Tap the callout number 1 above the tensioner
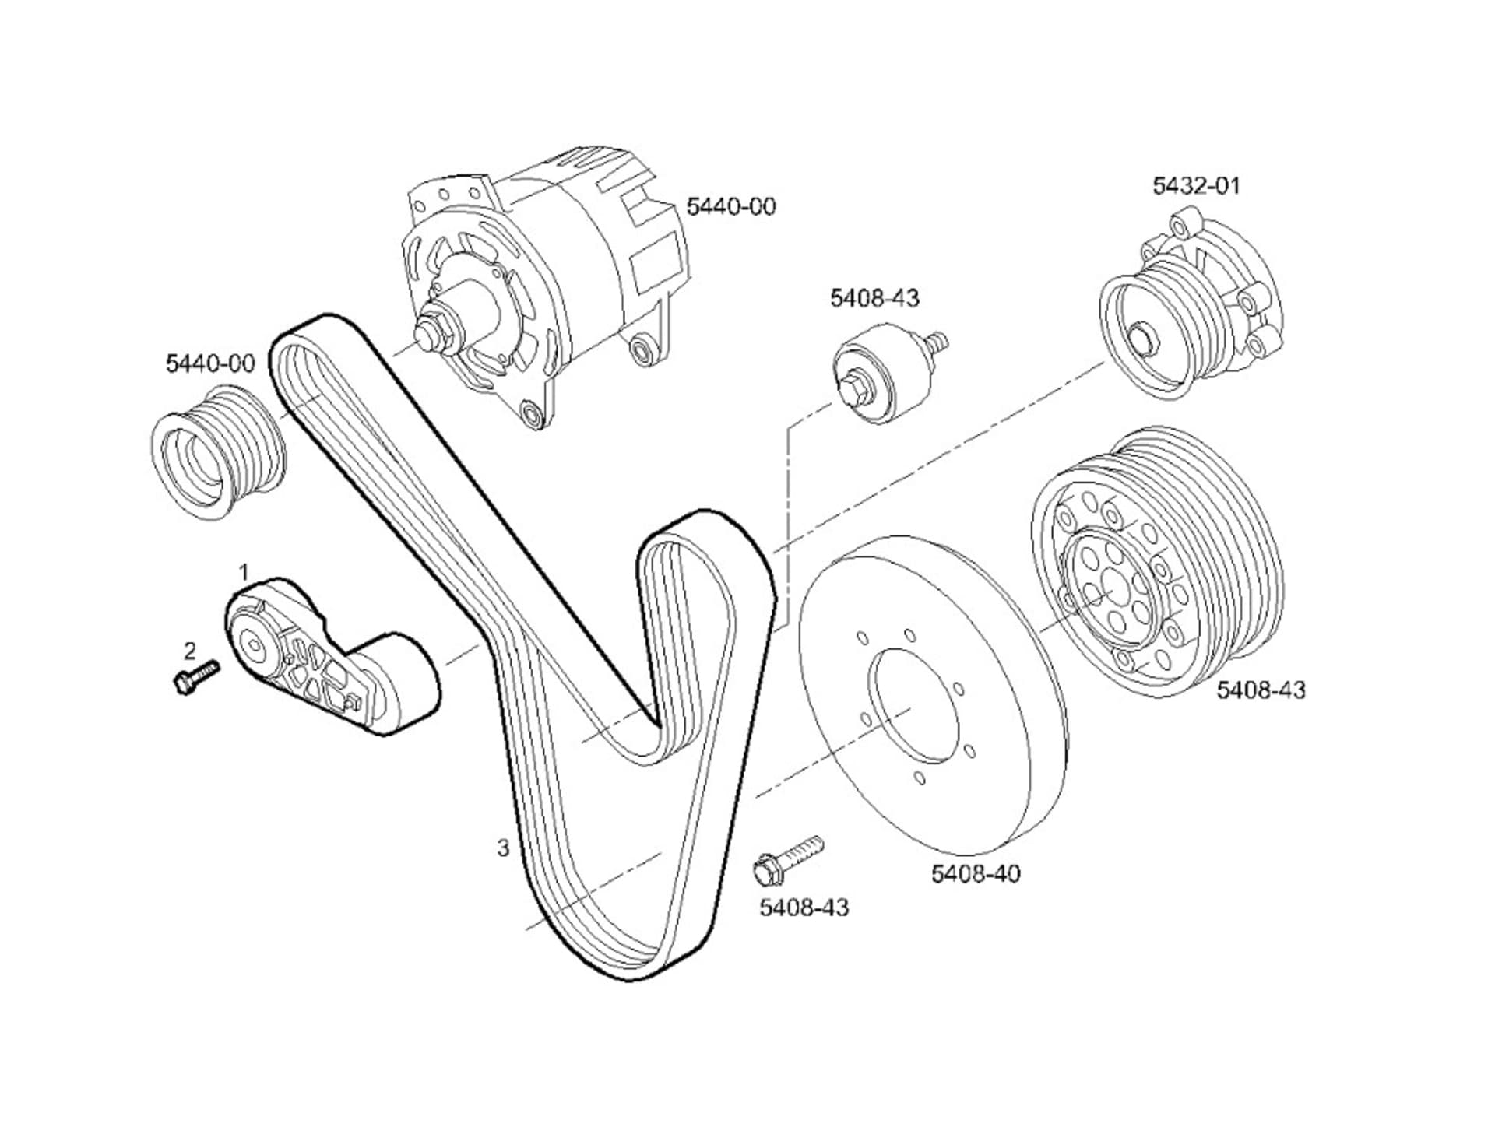[244, 573]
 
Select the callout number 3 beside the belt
[504, 848]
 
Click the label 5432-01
[1196, 186]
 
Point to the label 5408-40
[976, 874]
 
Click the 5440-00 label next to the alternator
[731, 207]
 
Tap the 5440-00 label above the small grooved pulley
[210, 363]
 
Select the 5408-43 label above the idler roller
[874, 298]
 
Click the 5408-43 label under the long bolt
[804, 908]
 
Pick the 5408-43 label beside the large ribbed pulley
[1261, 690]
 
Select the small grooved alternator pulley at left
[218, 455]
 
